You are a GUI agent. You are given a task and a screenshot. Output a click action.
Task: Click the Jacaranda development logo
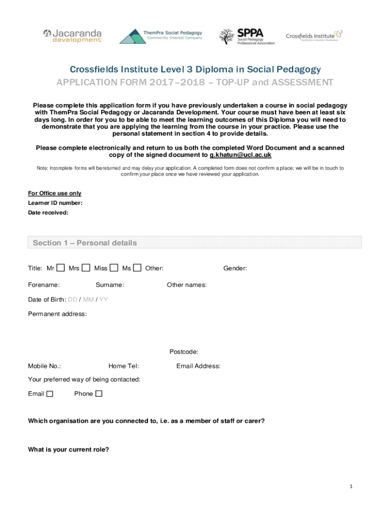[72, 36]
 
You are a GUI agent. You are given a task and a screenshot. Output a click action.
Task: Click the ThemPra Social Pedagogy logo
[161, 36]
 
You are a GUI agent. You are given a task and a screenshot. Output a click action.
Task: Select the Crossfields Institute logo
[314, 35]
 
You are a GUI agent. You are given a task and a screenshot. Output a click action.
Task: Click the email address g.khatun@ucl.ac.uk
[241, 155]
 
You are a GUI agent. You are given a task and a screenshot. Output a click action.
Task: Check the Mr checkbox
[61, 268]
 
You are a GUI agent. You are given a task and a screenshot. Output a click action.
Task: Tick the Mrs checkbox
[86, 268]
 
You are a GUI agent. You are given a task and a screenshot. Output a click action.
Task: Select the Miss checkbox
[114, 268]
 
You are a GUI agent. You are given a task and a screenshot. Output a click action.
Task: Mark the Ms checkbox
[137, 268]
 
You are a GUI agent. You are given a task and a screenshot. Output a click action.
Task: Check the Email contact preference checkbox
[50, 394]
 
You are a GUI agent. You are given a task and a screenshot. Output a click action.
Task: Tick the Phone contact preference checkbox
[99, 394]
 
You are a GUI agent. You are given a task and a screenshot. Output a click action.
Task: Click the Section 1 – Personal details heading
[85, 243]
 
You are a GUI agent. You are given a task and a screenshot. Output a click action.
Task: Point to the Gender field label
[235, 268]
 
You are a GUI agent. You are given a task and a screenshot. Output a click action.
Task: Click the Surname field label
[109, 285]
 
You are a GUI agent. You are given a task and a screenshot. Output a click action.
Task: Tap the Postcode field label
[183, 352]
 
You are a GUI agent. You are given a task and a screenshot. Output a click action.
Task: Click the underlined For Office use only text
[54, 193]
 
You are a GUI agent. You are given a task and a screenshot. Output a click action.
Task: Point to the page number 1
[350, 487]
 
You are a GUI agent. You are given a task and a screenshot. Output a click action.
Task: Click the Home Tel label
[124, 366]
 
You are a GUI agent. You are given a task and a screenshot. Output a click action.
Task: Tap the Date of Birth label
[47, 299]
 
